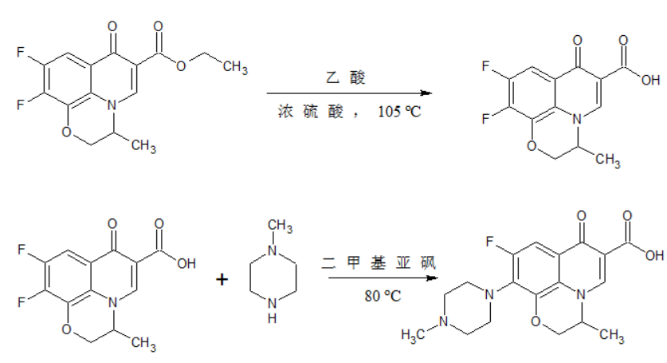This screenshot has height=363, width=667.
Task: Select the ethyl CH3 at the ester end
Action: coord(235,67)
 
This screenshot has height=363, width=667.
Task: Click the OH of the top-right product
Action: coord(649,79)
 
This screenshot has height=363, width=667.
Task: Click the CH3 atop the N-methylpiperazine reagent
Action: coord(280,227)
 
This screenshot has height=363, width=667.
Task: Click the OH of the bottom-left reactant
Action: coord(186,261)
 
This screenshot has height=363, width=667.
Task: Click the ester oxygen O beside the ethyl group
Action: coord(182,65)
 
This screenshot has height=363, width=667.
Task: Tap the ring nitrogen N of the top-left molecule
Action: coord(115,105)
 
